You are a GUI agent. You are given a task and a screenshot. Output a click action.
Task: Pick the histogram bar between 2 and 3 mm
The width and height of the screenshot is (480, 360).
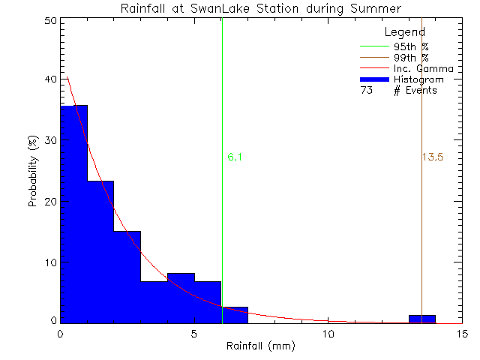coord(127,277)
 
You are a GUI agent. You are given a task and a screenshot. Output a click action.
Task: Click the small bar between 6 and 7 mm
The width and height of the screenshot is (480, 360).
coord(235,315)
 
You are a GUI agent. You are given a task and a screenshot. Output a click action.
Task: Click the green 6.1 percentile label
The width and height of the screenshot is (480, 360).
coord(234,157)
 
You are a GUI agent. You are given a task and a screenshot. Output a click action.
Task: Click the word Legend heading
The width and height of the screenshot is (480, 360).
coord(405,32)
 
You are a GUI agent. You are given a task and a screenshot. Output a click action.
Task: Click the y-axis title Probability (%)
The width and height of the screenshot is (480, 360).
coord(34,171)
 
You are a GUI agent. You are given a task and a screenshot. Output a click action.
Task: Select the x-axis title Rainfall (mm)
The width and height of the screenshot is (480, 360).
coord(261,346)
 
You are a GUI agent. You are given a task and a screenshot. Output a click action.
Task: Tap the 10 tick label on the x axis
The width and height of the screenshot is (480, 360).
coord(328,334)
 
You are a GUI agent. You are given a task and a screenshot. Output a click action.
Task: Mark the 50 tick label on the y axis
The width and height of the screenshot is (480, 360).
coord(49,21)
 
